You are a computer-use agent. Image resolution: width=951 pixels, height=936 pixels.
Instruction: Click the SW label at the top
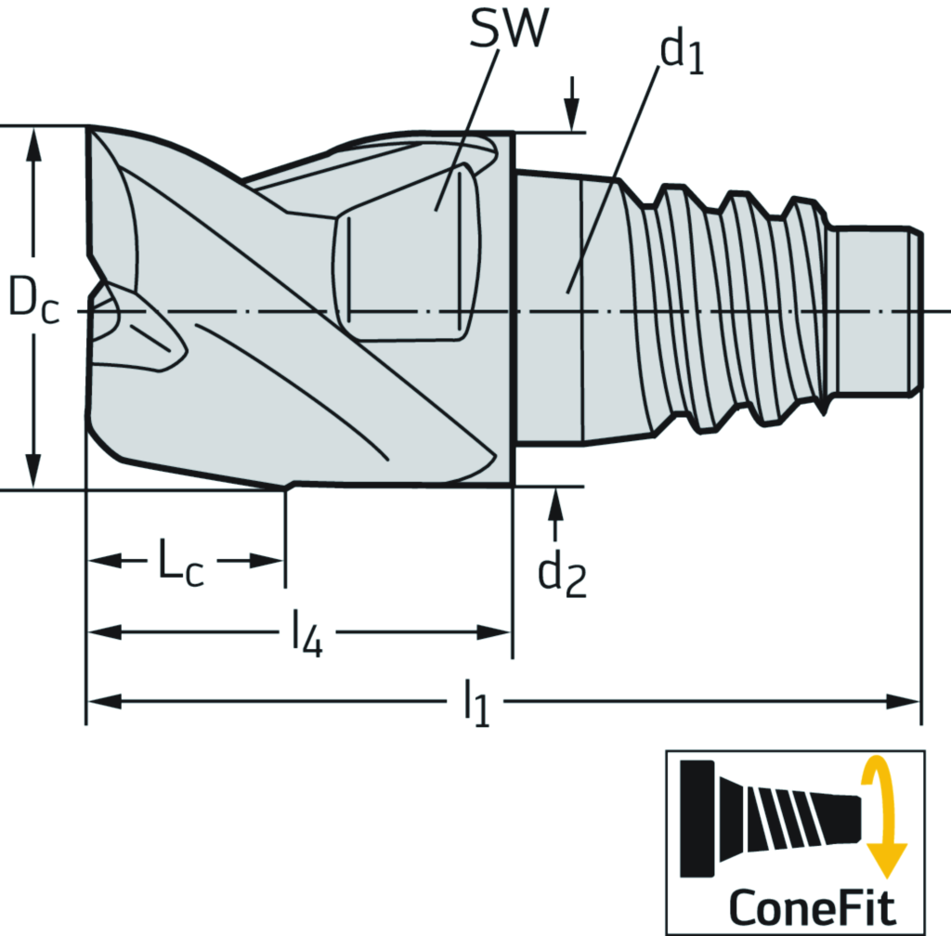(x=506, y=31)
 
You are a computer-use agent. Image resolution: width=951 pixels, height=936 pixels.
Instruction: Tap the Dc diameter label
(x=33, y=303)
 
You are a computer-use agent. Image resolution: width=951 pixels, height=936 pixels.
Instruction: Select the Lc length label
(x=180, y=565)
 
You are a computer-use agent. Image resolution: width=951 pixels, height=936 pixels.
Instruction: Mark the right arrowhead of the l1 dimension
(x=905, y=700)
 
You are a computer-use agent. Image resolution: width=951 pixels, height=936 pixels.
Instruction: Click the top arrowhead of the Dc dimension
(x=34, y=143)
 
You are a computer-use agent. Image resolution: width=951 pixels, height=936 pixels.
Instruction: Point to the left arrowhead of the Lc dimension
(x=104, y=562)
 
